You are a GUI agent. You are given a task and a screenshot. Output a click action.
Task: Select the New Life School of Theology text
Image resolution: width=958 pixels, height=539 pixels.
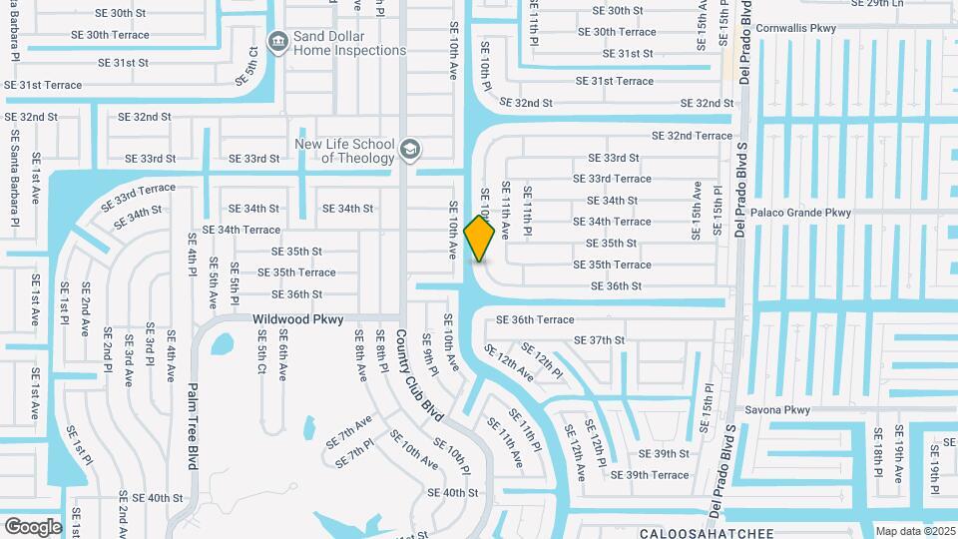[344, 151]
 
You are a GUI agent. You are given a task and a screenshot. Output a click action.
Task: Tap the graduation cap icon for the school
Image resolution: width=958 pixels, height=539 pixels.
[408, 151]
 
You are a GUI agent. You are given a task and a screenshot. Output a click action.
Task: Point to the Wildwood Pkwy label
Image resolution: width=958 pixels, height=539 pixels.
[297, 319]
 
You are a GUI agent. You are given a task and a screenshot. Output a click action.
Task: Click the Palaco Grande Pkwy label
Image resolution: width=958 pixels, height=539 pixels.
[801, 213]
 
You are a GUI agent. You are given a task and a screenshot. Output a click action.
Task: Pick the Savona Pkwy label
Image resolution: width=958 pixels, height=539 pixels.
[778, 410]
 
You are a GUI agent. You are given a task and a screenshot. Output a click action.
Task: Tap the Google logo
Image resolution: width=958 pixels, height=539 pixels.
[33, 527]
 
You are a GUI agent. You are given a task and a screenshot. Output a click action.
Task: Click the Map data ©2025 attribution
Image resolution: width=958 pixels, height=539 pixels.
[916, 531]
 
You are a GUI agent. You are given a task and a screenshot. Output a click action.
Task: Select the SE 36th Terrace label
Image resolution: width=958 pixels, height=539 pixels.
[536, 320]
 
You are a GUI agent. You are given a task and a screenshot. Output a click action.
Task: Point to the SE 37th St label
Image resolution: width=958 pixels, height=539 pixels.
[600, 340]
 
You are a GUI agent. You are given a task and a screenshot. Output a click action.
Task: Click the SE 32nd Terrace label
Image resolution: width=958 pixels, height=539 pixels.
[692, 136]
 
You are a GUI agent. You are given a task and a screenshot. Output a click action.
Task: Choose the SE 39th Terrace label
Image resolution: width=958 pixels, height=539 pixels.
[650, 475]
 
